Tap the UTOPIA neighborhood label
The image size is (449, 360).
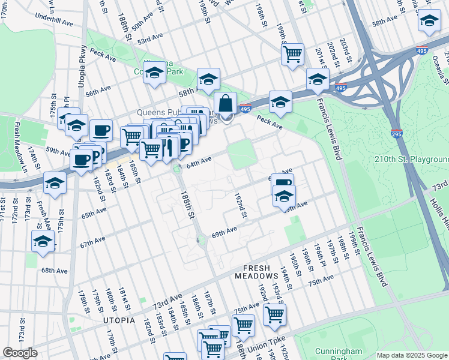pos(119,320)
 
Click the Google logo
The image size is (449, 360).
pos(20,353)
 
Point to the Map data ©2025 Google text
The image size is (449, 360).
pos(411,355)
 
